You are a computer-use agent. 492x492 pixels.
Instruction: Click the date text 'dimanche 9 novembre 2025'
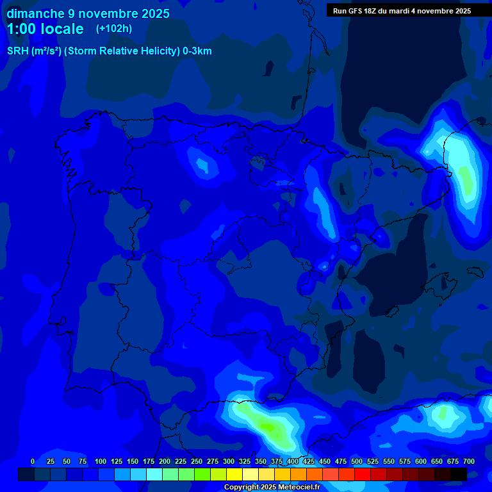88,13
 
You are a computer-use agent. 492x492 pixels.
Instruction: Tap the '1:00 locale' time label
45,29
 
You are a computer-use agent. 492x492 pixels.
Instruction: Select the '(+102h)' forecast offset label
115,29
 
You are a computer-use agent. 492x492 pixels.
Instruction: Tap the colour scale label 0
33,461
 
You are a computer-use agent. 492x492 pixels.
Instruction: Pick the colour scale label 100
101,461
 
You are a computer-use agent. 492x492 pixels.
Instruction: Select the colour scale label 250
197,461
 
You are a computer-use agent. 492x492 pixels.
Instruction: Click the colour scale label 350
261,461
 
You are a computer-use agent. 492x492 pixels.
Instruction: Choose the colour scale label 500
357,461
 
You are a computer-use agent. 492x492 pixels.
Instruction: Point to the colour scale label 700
469,461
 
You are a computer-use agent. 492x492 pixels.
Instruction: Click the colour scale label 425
309,461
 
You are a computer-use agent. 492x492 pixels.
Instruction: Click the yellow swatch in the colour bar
234,474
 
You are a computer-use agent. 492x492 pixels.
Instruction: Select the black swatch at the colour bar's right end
459,474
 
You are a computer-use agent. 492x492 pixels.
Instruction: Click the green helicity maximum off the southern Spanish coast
268,427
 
